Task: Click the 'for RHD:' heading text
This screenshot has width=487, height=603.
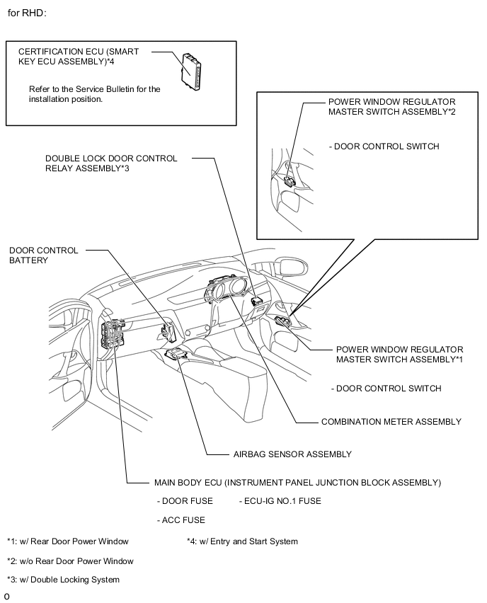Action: click(x=28, y=13)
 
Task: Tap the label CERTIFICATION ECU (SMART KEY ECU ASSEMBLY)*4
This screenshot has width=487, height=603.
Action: click(x=78, y=57)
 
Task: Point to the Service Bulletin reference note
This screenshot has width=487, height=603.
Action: click(x=95, y=94)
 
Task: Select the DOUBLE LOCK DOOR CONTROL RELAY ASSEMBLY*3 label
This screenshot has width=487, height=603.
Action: click(x=111, y=163)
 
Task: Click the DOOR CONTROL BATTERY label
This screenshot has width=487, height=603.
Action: click(x=44, y=255)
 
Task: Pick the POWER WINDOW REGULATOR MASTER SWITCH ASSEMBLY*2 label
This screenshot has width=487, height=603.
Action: click(x=391, y=106)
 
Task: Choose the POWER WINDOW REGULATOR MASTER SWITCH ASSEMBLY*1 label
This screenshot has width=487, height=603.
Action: click(x=399, y=355)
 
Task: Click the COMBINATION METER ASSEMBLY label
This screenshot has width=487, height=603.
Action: click(x=391, y=422)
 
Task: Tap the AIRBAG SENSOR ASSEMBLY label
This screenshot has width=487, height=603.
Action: click(x=292, y=454)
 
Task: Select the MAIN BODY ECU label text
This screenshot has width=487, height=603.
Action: click(x=297, y=483)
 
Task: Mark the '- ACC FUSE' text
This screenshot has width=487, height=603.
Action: click(x=181, y=520)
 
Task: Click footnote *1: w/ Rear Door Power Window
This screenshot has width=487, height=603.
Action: click(x=68, y=541)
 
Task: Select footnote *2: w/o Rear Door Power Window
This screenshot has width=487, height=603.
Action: click(x=70, y=561)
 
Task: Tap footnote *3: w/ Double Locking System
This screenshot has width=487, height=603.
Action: click(x=63, y=580)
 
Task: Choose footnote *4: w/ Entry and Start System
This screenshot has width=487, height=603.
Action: click(x=242, y=541)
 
